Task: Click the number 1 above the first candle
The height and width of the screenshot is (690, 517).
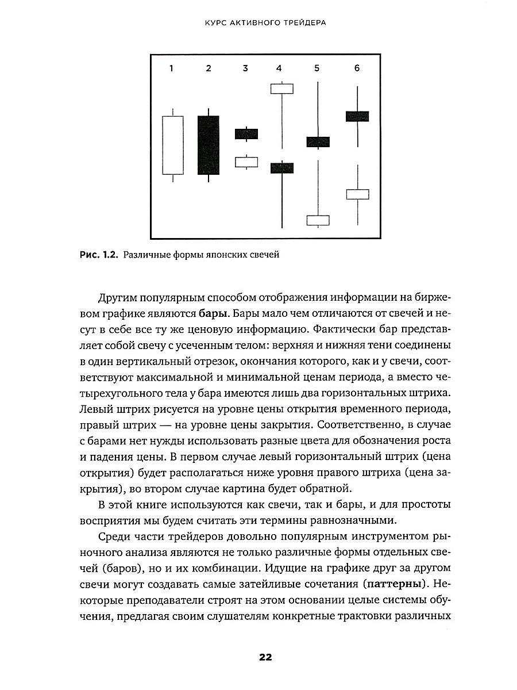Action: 171,68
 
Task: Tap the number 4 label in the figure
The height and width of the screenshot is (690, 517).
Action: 279,68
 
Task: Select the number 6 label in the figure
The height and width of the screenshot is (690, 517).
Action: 357,68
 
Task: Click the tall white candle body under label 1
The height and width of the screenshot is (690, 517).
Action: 172,145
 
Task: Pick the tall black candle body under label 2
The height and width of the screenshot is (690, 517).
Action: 208,145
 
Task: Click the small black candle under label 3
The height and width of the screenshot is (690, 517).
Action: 246,134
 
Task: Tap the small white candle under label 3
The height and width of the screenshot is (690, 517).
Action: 246,162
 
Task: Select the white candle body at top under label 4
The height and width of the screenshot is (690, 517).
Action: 282,89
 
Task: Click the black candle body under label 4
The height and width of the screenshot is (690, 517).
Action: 282,168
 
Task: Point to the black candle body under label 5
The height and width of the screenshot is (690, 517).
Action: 318,142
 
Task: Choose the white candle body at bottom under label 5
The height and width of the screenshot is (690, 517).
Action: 318,220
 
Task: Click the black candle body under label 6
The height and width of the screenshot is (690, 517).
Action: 357,116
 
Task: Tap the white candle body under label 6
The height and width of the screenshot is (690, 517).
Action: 357,194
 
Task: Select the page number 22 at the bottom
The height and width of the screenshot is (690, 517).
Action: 265,658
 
